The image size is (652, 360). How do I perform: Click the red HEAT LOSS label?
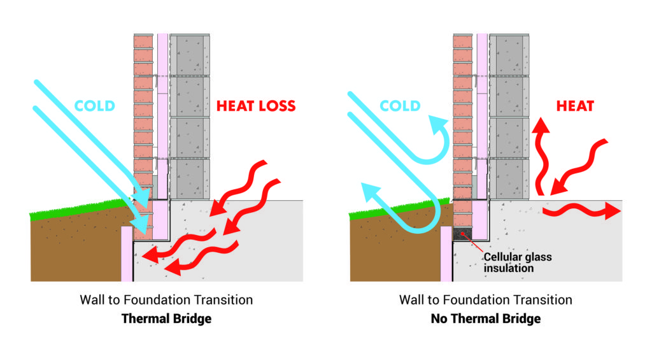pyautogui.click(x=256, y=106)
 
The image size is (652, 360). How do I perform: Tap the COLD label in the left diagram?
pyautogui.click(x=94, y=106)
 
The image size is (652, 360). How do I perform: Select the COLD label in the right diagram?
pyautogui.click(x=400, y=106)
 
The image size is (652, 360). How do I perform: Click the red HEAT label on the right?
pyautogui.click(x=575, y=106)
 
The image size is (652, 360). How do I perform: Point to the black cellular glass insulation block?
pyautogui.click(x=461, y=234)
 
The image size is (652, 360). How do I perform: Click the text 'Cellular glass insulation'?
pyautogui.click(x=517, y=263)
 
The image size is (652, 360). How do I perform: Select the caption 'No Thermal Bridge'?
pyautogui.click(x=486, y=319)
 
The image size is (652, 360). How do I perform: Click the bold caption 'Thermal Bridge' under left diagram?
pyautogui.click(x=166, y=319)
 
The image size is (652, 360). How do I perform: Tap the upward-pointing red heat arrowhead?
pyautogui.click(x=541, y=126)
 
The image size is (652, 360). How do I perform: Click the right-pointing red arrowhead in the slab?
pyautogui.click(x=613, y=211)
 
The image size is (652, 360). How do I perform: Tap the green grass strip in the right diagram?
pyautogui.click(x=400, y=209)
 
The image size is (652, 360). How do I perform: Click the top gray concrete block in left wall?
pyautogui.click(x=190, y=55)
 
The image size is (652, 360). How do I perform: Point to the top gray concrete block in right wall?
pyautogui.click(x=509, y=55)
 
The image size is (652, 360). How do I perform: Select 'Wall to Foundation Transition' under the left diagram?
pyautogui.click(x=166, y=300)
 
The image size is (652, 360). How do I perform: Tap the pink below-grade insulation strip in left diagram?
pyautogui.click(x=127, y=254)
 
